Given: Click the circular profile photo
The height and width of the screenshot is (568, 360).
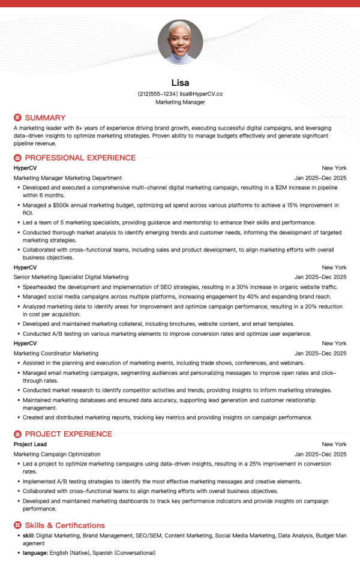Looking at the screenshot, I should pyautogui.click(x=180, y=42).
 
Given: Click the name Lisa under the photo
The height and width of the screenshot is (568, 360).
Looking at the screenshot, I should pyautogui.click(x=180, y=83).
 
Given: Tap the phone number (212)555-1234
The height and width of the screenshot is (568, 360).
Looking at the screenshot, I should pyautogui.click(x=157, y=94).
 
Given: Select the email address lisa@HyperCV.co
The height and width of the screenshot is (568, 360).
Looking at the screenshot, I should pyautogui.click(x=201, y=94).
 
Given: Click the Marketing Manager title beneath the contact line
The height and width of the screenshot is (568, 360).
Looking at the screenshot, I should pyautogui.click(x=180, y=103).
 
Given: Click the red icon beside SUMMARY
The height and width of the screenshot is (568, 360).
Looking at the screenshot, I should pyautogui.click(x=17, y=118).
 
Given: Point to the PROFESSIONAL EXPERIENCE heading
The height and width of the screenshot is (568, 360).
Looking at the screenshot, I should pyautogui.click(x=80, y=158).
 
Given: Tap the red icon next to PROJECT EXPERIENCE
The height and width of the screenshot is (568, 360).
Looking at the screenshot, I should pyautogui.click(x=17, y=434).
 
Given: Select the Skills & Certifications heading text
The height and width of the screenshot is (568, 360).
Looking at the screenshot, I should pyautogui.click(x=65, y=525).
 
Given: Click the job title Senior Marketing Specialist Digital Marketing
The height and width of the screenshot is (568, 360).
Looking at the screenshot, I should pyautogui.click(x=71, y=277).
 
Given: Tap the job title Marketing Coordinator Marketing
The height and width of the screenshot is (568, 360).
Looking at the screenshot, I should pyautogui.click(x=56, y=353).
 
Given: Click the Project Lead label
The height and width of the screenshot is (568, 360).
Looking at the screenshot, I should pyautogui.click(x=29, y=444).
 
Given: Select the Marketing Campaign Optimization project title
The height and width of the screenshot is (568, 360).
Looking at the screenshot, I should pyautogui.click(x=57, y=454).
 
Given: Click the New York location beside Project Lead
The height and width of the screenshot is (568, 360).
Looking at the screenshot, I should pyautogui.click(x=334, y=444).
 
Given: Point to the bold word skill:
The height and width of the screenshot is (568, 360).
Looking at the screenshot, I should pyautogui.click(x=29, y=536).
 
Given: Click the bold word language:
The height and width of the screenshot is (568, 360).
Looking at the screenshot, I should pyautogui.click(x=35, y=552).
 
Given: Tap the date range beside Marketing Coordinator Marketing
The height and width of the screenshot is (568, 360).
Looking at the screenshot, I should pyautogui.click(x=320, y=353).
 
